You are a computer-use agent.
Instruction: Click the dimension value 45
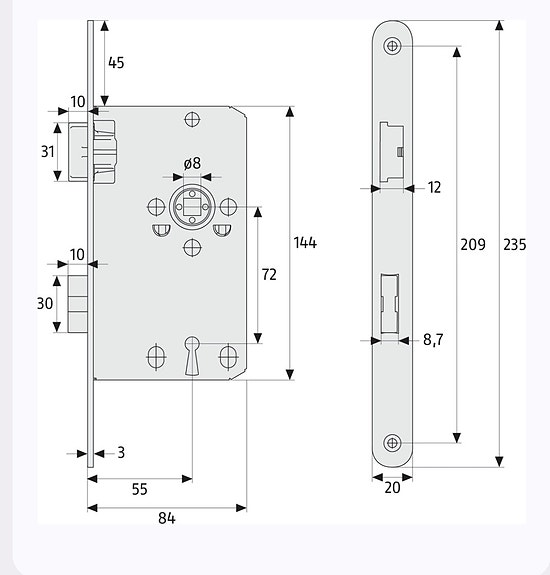coord(116,63)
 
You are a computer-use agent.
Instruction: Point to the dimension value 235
coord(515,245)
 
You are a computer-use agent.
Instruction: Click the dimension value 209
coord(472,244)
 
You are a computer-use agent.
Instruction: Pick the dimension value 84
coord(166,518)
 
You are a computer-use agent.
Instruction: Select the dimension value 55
coord(139,489)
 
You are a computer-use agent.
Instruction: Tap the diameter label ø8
coord(191,164)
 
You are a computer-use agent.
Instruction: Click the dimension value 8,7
coord(433,340)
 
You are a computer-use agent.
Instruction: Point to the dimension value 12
coord(433,187)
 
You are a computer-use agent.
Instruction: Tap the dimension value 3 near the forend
coord(120,453)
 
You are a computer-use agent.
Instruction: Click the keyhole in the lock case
coord(192,354)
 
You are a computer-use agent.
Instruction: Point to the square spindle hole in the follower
coord(191,206)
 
